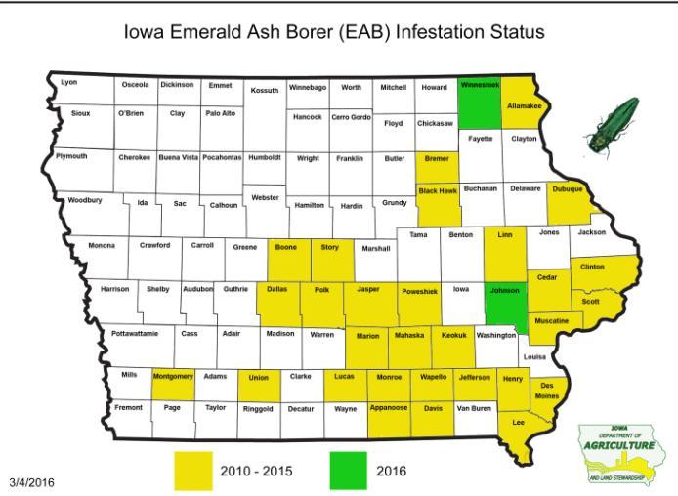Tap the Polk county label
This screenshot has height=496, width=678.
(321, 290)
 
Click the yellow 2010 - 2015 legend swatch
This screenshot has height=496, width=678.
(200, 470)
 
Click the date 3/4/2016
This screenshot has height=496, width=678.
(32, 482)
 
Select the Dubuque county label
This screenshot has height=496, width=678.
(566, 189)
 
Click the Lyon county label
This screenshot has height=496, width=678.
(68, 82)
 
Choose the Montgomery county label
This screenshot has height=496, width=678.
(174, 376)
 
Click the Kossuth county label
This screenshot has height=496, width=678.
(265, 90)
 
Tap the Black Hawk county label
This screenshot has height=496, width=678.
(438, 190)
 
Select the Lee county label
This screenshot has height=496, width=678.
(519, 422)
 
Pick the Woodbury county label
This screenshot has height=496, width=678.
(84, 200)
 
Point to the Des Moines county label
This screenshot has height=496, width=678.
(547, 391)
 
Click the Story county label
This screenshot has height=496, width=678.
(330, 247)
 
